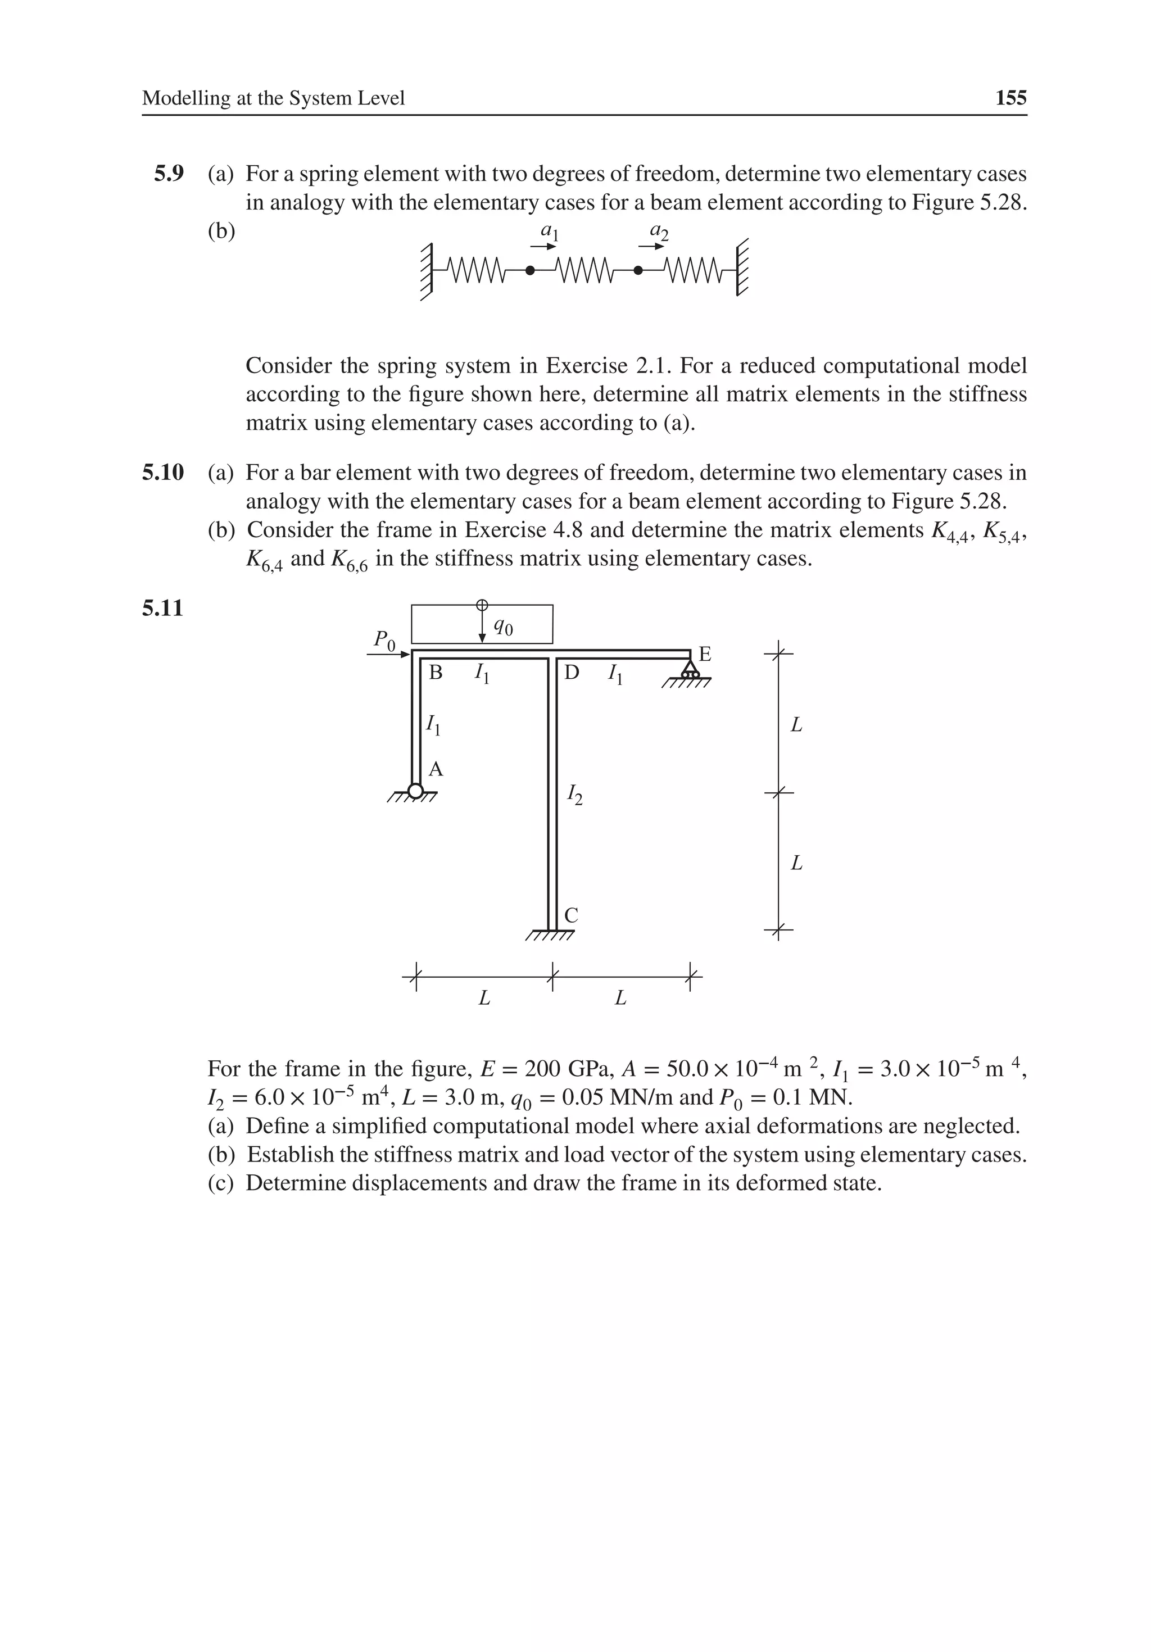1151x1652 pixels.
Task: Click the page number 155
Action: point(1010,98)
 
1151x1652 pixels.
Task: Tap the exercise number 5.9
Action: point(169,174)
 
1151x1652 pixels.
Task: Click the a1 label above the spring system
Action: point(549,232)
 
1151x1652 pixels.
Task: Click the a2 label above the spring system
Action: point(659,232)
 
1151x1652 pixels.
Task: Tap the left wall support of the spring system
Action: point(427,271)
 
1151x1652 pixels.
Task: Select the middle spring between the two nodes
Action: point(584,271)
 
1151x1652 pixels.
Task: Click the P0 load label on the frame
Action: point(384,639)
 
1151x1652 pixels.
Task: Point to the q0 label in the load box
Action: point(503,628)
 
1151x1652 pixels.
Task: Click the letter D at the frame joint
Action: point(572,673)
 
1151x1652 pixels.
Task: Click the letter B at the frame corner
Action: point(436,673)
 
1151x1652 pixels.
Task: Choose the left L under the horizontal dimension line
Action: point(484,998)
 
